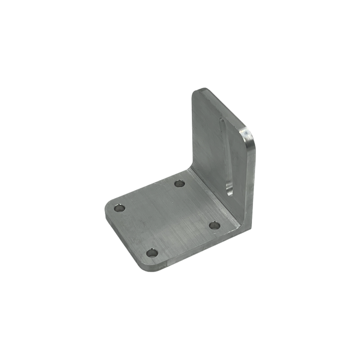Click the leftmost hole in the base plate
[x=119, y=209]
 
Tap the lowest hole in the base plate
[x=151, y=253]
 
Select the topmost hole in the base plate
[x=179, y=183]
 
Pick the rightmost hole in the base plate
[x=213, y=225]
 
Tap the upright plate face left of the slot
[x=206, y=139]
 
